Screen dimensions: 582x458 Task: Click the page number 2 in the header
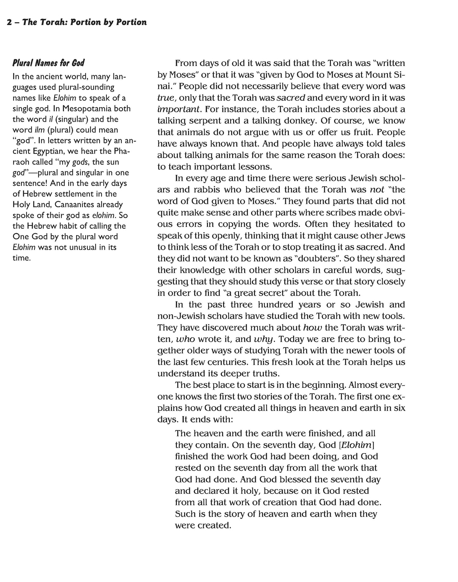coord(9,23)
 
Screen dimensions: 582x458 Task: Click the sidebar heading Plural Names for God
coord(48,63)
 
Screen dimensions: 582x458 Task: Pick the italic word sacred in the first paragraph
coord(291,98)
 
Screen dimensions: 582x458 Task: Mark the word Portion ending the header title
coord(131,23)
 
